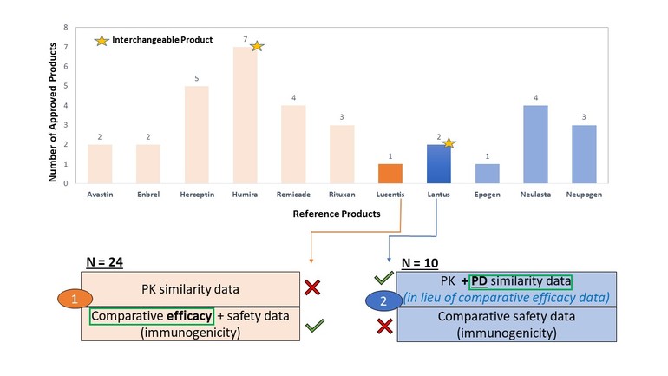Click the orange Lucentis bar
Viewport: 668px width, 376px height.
coord(390,173)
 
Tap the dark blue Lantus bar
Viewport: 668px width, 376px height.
coord(440,163)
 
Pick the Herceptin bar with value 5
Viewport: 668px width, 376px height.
coord(197,134)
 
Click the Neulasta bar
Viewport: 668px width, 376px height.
coord(537,143)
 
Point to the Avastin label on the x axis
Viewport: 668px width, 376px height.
coord(100,195)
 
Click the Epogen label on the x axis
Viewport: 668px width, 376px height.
coord(488,195)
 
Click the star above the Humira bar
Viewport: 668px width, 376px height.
coord(256,45)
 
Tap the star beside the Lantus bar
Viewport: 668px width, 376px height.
coord(449,142)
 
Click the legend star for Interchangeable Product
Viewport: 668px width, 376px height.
coord(102,41)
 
